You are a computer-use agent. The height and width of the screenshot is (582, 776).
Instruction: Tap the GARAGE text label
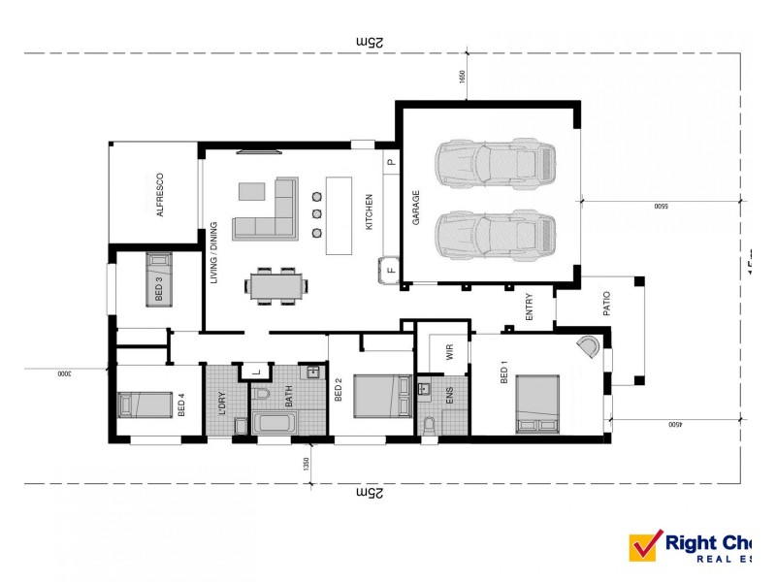(416, 208)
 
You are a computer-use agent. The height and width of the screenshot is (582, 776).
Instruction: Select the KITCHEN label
(369, 212)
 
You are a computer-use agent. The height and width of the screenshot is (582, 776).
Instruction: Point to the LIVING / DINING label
(212, 255)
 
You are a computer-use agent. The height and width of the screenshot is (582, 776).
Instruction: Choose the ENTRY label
(530, 307)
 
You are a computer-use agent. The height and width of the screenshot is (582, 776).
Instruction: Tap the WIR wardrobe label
(449, 353)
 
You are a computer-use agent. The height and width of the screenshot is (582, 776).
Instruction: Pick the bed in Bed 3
(158, 277)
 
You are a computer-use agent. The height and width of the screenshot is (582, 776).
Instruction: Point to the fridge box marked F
(389, 270)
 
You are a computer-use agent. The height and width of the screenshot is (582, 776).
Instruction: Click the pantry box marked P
(390, 163)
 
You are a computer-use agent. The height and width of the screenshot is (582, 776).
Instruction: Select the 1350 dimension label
(306, 463)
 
